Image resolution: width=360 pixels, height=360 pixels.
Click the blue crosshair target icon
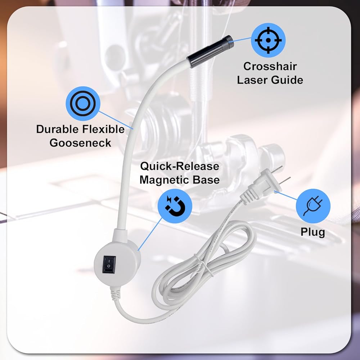tap(268, 40)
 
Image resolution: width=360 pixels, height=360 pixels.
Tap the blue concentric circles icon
tap(83, 104)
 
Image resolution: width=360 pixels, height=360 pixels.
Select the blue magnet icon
tap(175, 206)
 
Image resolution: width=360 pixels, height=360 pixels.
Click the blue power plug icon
tap(313, 206)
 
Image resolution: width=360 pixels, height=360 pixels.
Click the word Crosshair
tap(270, 66)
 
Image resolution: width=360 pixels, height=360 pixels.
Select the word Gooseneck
tap(80, 143)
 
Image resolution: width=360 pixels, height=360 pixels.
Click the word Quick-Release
tap(180, 166)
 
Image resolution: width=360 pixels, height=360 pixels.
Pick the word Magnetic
tap(165, 180)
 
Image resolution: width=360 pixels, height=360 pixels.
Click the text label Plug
tap(313, 232)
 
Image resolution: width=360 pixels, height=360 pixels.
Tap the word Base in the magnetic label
tap(206, 180)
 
